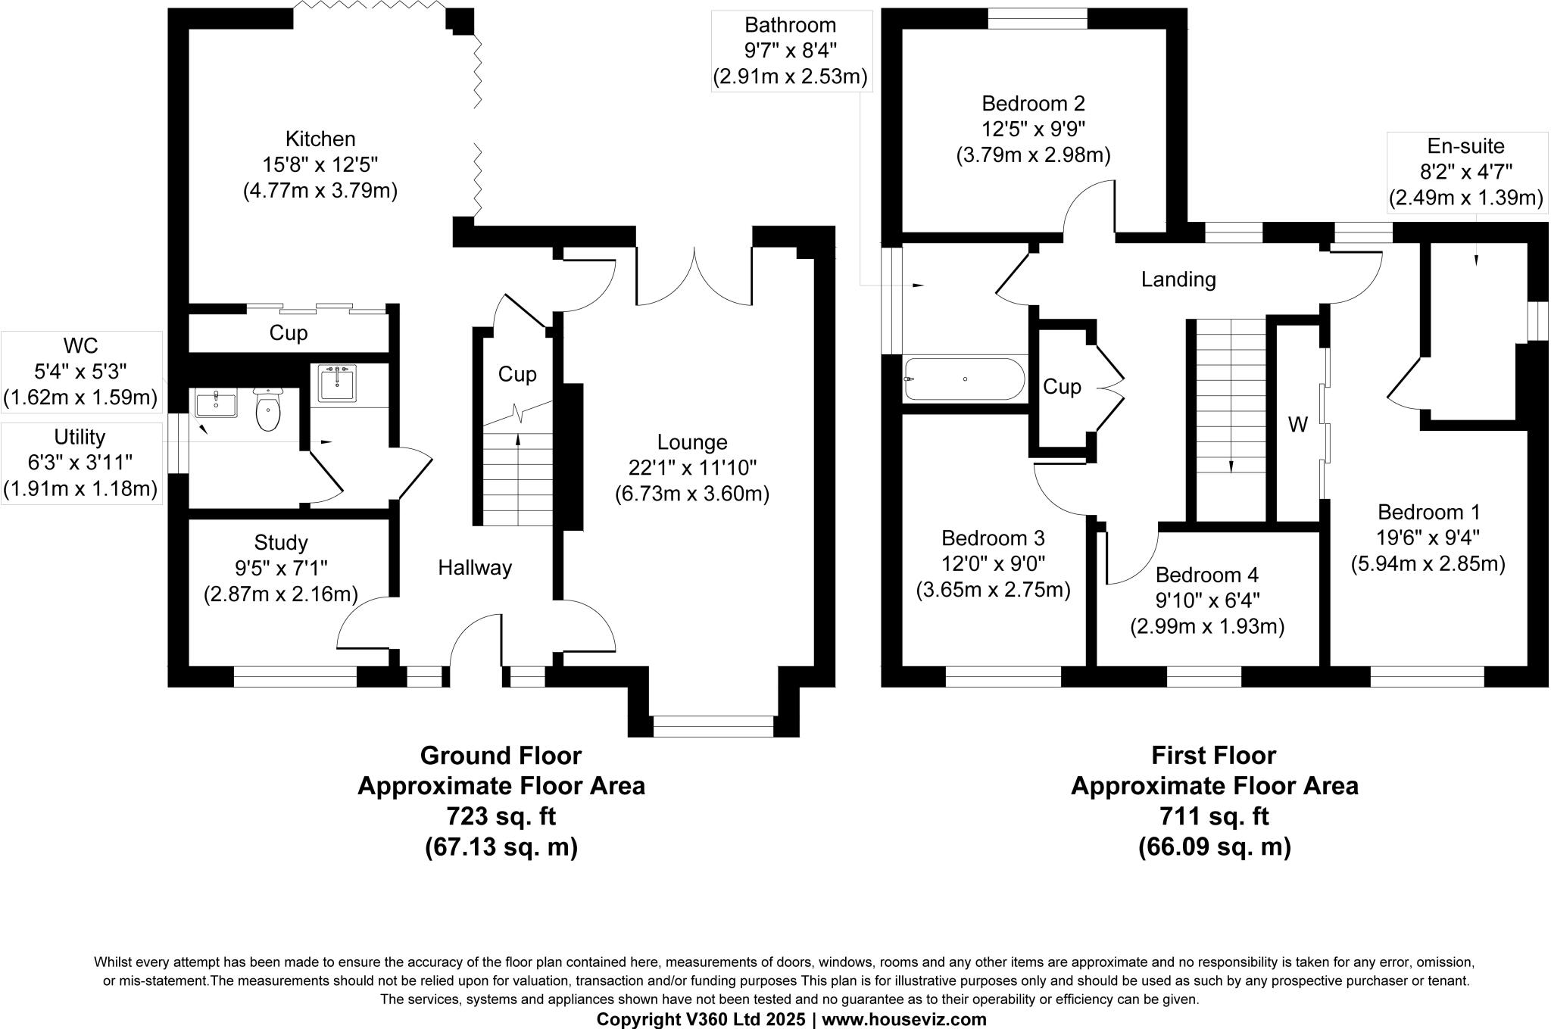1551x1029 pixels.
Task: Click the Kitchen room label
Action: tap(320, 139)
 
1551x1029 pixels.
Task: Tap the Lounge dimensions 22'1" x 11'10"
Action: tap(692, 468)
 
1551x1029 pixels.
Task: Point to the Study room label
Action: tap(281, 543)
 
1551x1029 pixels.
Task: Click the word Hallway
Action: tap(475, 568)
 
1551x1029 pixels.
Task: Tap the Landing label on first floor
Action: tap(1178, 280)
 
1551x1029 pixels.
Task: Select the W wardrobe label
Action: tap(1298, 426)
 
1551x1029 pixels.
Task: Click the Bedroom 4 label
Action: tap(1207, 575)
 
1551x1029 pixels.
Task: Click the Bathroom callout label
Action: tap(790, 26)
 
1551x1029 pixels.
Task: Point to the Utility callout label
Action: tap(80, 438)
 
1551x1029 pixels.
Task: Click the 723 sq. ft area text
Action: tap(501, 817)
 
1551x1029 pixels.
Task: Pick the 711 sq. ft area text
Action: tap(1214, 817)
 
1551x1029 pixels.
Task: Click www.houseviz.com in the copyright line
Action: tap(904, 1019)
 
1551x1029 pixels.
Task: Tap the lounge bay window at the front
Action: tap(713, 726)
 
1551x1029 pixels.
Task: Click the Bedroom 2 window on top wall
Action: tap(1038, 17)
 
